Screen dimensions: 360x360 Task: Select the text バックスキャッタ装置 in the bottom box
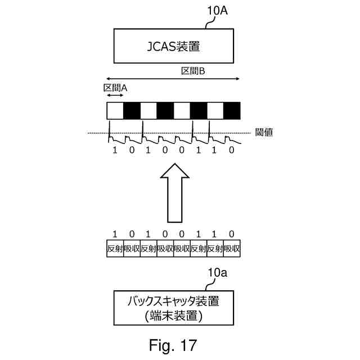pos(173,301)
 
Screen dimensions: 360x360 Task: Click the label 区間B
pos(192,72)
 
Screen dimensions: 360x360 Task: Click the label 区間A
pos(115,88)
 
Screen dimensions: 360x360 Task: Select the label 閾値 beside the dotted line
pos(264,133)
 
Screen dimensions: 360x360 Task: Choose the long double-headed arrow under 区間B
pos(173,79)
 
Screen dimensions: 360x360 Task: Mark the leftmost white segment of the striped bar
pos(115,110)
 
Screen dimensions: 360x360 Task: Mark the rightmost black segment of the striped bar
pos(232,110)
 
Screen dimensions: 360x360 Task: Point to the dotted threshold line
pos(169,133)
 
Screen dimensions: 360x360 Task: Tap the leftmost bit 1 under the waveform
pos(115,151)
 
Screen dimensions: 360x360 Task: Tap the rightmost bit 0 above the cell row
pos(232,234)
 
